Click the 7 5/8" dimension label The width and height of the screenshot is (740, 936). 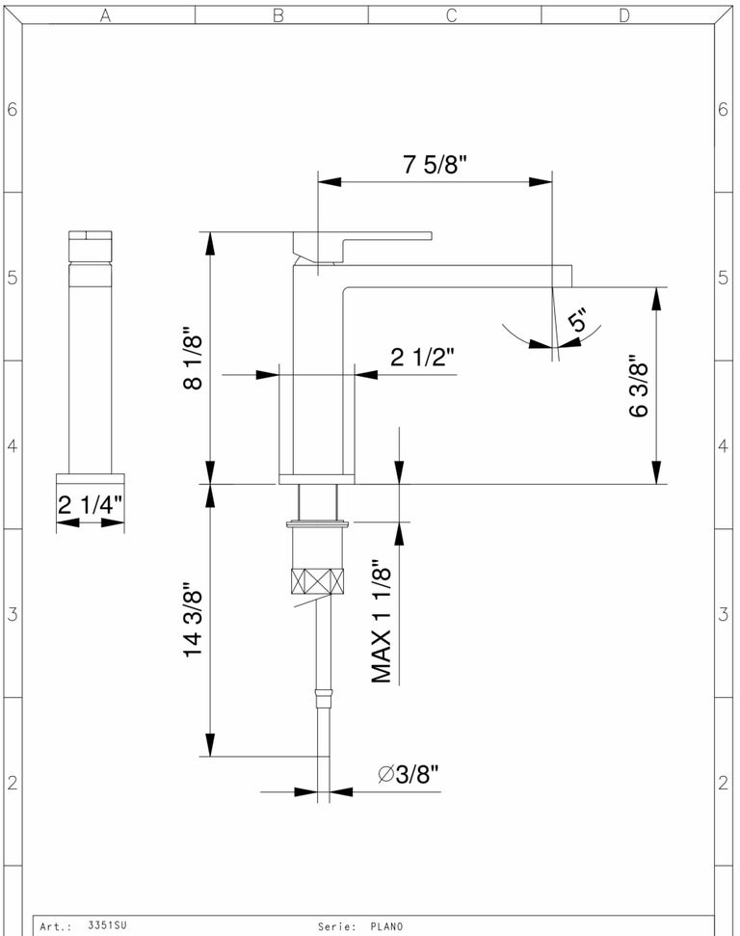pyautogui.click(x=436, y=164)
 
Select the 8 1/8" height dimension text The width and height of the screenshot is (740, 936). pyautogui.click(x=193, y=358)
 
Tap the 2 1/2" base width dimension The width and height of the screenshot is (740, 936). pyautogui.click(x=423, y=357)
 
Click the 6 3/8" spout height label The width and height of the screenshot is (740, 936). pyautogui.click(x=639, y=386)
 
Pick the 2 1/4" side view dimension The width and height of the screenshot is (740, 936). pyautogui.click(x=91, y=505)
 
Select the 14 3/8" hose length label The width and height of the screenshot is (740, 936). pyautogui.click(x=193, y=619)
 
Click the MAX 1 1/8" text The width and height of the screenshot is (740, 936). pyautogui.click(x=382, y=622)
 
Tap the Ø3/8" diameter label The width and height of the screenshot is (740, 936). pyautogui.click(x=409, y=774)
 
